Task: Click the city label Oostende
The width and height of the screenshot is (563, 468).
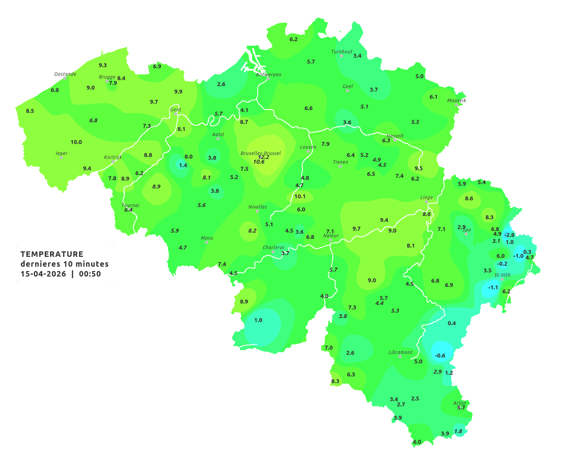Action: tap(65, 74)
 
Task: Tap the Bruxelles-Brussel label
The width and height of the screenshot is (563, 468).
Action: tap(260, 153)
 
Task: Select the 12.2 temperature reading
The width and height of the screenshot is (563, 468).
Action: tap(264, 157)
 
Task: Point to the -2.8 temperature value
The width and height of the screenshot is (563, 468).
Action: tap(509, 235)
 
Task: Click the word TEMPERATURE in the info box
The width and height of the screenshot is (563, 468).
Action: tap(52, 254)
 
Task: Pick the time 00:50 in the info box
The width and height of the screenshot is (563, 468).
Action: tap(90, 274)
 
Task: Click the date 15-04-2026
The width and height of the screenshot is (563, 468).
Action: tap(43, 274)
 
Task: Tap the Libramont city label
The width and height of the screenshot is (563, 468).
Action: tap(401, 352)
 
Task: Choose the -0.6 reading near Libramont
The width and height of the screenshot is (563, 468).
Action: tap(440, 356)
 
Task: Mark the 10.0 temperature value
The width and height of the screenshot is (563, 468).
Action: tap(76, 142)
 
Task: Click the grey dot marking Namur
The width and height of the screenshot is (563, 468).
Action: tap(330, 240)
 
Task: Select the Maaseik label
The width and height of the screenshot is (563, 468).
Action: tap(456, 100)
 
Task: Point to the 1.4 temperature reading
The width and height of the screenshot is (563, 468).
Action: tap(183, 165)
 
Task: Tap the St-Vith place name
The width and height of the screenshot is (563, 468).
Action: tap(502, 275)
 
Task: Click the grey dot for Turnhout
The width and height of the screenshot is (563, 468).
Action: tap(341, 56)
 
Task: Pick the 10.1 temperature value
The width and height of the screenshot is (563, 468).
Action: tap(300, 196)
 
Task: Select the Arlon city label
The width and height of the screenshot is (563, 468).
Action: tap(460, 403)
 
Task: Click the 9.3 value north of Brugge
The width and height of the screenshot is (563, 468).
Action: tap(103, 65)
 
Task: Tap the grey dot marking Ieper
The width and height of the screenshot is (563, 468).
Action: tap(61, 158)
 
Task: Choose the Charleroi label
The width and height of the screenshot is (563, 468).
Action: tap(273, 247)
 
